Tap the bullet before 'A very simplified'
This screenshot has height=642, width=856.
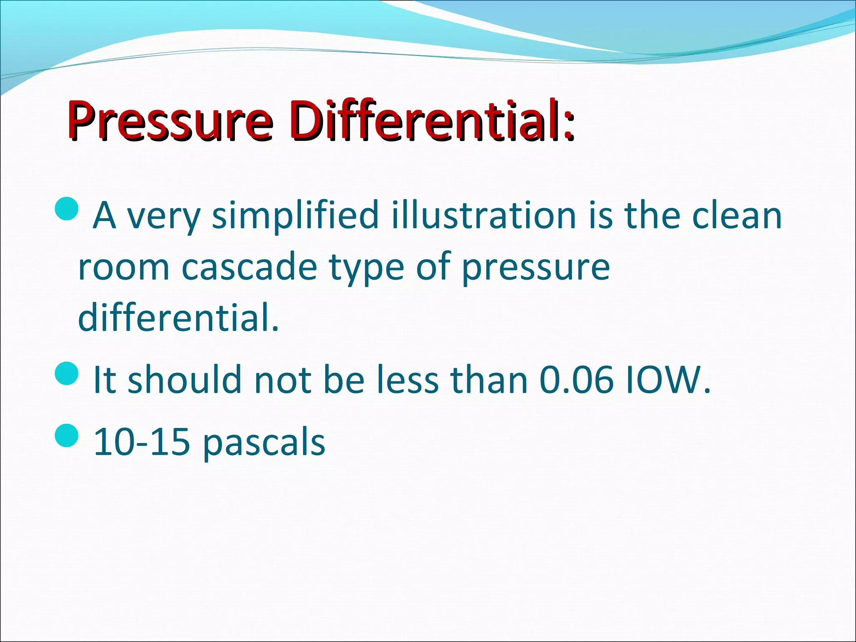(x=66, y=209)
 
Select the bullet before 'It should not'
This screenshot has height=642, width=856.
(x=66, y=374)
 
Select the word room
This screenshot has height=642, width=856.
(x=124, y=267)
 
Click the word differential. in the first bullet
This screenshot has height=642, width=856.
(x=178, y=318)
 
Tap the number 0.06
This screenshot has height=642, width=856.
(x=576, y=380)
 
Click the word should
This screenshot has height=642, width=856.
(x=184, y=380)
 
